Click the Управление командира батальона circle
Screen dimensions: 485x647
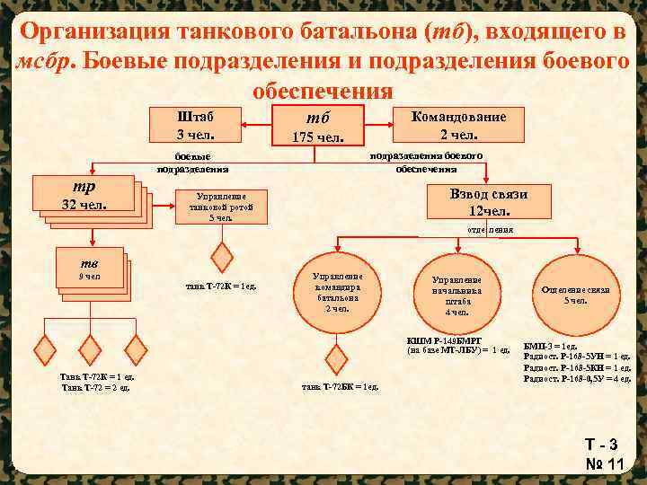pos(337,293)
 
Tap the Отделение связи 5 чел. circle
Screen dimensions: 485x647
pos(575,295)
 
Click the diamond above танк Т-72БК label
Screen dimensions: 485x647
pos(336,359)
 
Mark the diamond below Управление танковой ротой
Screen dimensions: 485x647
pos(221,252)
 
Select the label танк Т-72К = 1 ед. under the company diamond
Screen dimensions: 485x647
pos(221,287)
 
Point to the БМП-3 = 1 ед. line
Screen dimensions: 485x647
pos(550,347)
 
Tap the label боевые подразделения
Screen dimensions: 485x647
pos(192,162)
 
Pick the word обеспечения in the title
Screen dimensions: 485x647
pos(323,92)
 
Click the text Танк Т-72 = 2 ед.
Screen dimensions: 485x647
pos(96,387)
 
